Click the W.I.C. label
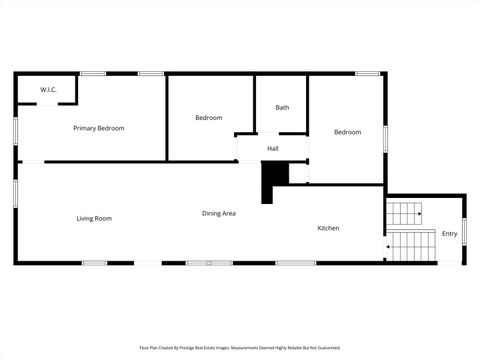point(48,91)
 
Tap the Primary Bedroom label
point(99,128)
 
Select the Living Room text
point(94,218)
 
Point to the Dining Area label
point(219,213)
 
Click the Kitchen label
point(328,228)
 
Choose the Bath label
point(282,108)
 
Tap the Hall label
point(272,149)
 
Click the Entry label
point(450,234)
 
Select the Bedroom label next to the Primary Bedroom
point(208,118)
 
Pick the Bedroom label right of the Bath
point(347,132)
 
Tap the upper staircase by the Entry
point(406,213)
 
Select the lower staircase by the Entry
point(413,245)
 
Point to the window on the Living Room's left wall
point(15,193)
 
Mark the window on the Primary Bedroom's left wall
point(15,130)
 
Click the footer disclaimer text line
point(240,348)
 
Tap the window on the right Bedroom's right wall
point(386,138)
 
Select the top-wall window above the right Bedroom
point(367,73)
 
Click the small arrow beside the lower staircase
point(386,243)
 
